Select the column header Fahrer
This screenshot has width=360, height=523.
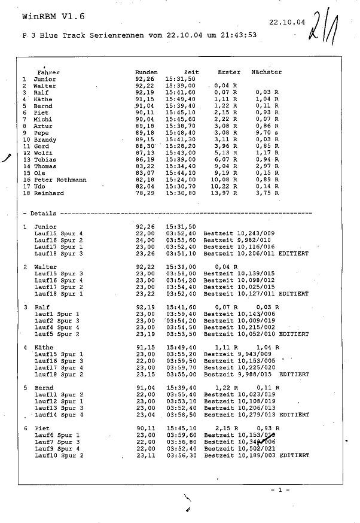[x=48, y=72]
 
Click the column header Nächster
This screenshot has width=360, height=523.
[x=267, y=72]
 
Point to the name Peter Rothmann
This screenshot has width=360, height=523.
[x=60, y=180]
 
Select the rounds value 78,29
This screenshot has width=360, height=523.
[x=145, y=193]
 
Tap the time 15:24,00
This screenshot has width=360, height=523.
[x=180, y=180]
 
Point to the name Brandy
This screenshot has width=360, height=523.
[x=45, y=140]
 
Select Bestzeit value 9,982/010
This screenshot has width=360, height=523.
[x=254, y=241]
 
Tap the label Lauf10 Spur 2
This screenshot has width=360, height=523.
[x=59, y=455]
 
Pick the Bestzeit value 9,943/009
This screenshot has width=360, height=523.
[x=254, y=354]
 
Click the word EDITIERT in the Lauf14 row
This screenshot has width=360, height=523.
[x=294, y=415]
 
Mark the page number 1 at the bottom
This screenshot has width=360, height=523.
[x=279, y=490]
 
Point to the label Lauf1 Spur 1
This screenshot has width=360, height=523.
[x=57, y=314]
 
